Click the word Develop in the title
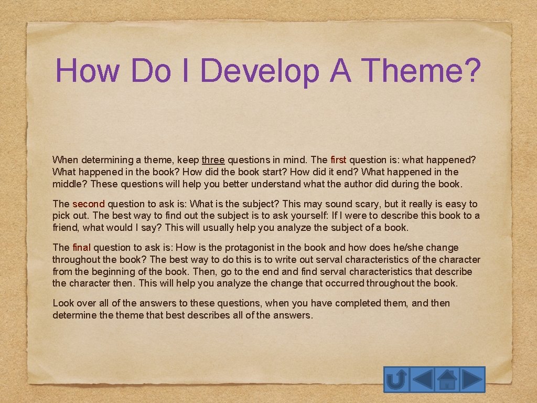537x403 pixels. tap(259, 70)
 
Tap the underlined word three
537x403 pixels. tap(213, 160)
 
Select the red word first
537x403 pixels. tap(339, 160)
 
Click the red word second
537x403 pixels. tap(89, 204)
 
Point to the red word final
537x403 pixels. tap(81, 248)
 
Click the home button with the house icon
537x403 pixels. tap(447, 379)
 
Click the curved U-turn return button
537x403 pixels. tap(396, 379)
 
